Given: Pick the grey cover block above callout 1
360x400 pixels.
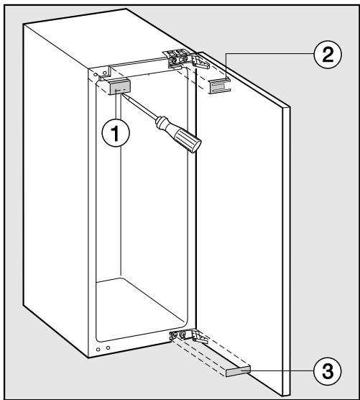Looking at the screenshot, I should click(117, 87).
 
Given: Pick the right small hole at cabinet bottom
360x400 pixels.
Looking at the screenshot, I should click(108, 348).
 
